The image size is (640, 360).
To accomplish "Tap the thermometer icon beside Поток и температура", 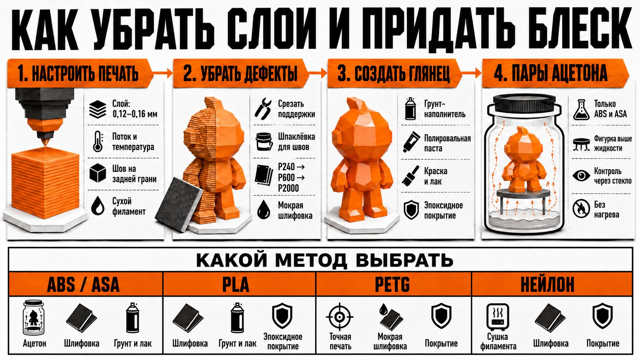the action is pyautogui.click(x=98, y=141).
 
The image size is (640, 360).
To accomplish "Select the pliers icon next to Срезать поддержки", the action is pyautogui.click(x=263, y=109).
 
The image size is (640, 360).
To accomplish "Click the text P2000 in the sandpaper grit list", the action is pyautogui.click(x=288, y=188).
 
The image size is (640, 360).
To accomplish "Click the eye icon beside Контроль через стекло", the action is pyautogui.click(x=581, y=175).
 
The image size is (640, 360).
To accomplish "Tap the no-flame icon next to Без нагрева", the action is pyautogui.click(x=581, y=209).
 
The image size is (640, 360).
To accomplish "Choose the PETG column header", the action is pyautogui.click(x=392, y=284).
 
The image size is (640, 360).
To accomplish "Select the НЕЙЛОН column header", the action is pyautogui.click(x=547, y=284).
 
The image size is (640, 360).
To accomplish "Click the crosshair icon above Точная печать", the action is pyautogui.click(x=340, y=317).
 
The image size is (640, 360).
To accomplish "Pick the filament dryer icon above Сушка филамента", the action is pyautogui.click(x=498, y=317).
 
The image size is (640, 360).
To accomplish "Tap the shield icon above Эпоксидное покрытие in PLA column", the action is pyautogui.click(x=282, y=316).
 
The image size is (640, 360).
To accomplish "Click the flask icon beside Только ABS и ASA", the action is pyautogui.click(x=581, y=109).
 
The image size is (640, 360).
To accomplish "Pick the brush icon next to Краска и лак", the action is pyautogui.click(x=410, y=176).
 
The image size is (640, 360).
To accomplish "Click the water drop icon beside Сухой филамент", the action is pyautogui.click(x=98, y=205).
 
